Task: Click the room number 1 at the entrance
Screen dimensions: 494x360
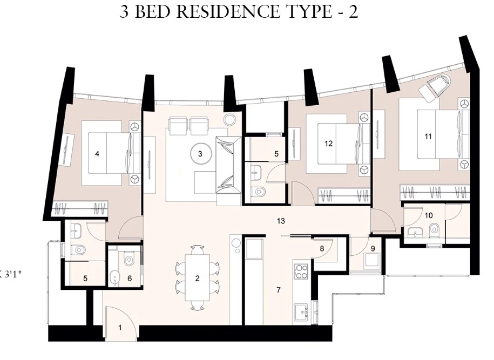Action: (x=120, y=328)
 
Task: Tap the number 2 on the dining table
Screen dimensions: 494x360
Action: (x=198, y=279)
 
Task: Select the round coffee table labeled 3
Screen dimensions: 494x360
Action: (x=200, y=154)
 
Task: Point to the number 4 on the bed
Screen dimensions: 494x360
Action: (x=97, y=154)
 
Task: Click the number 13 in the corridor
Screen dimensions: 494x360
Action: (x=281, y=221)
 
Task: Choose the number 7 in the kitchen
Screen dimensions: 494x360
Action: (x=278, y=290)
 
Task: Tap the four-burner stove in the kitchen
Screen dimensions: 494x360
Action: (x=301, y=271)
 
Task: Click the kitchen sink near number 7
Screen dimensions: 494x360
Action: (x=302, y=311)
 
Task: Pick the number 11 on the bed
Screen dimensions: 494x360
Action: (x=428, y=137)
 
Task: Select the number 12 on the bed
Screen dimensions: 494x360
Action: (x=329, y=144)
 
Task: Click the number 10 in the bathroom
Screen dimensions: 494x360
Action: (x=429, y=215)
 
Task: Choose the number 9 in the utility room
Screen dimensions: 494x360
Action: (x=373, y=249)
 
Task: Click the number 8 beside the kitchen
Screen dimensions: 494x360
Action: (x=322, y=248)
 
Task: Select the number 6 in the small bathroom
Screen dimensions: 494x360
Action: (x=130, y=279)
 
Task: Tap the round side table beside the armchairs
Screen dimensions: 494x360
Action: (x=229, y=120)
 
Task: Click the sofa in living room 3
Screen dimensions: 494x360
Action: (x=229, y=167)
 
